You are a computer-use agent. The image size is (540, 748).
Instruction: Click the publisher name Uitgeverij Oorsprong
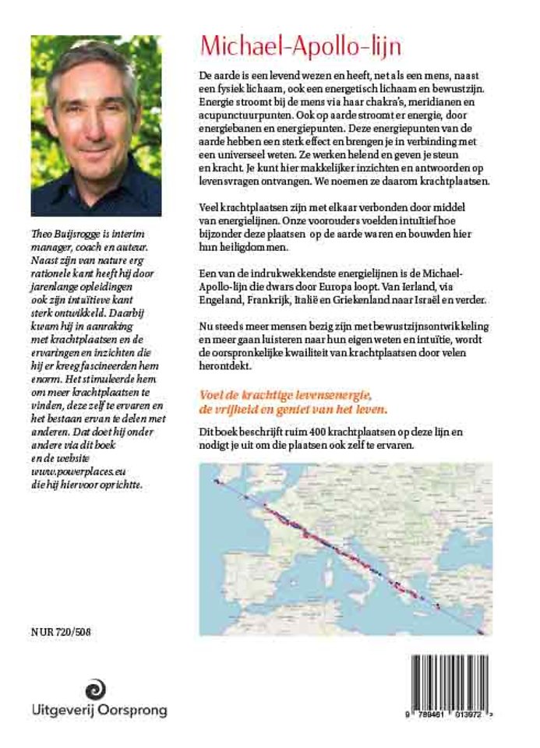[x=99, y=711]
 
